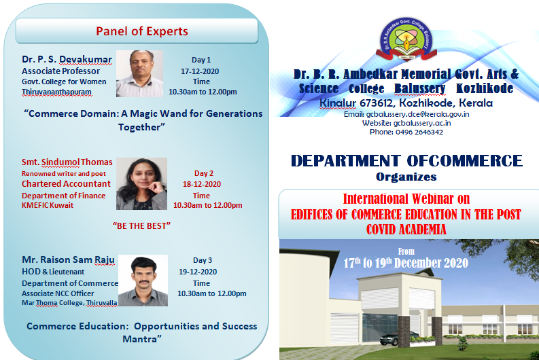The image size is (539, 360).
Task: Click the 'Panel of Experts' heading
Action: point(142,31)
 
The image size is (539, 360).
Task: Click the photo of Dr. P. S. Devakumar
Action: point(139,73)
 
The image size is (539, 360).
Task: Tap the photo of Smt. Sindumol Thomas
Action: point(141,183)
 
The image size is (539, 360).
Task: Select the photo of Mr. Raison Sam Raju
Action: point(143,281)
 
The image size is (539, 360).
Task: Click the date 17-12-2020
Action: point(200,71)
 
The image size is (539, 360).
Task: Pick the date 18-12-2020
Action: point(202,184)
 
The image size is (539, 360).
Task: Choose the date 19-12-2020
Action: point(198,272)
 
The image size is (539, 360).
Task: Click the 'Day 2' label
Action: point(204,173)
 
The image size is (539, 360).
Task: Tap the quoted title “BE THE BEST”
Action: point(141,226)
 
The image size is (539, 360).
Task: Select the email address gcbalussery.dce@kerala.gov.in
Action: point(417,114)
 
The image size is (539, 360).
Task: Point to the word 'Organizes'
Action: point(406,177)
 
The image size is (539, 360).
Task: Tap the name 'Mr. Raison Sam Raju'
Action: point(68,259)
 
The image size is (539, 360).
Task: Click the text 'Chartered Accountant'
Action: point(66,184)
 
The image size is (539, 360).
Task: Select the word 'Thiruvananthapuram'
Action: point(56,92)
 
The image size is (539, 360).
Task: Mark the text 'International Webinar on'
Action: point(406,199)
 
